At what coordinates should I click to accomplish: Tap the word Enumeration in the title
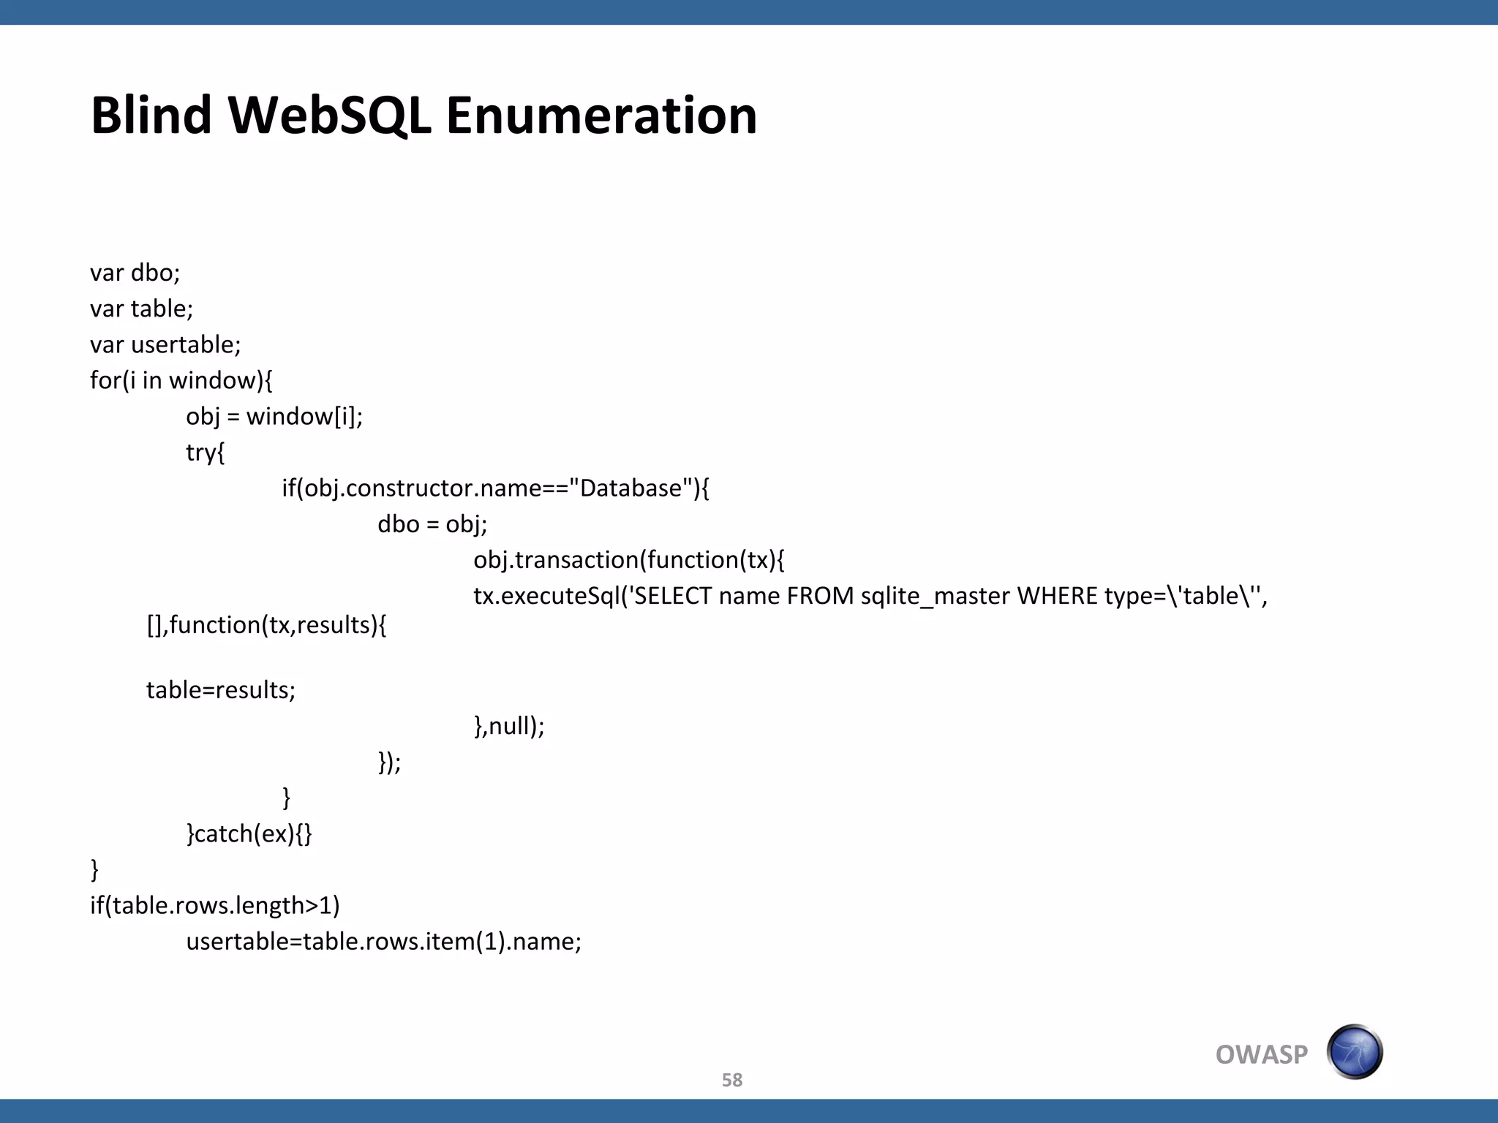tap(601, 116)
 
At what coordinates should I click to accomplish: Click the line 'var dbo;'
tap(135, 273)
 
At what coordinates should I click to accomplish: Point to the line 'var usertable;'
tap(165, 344)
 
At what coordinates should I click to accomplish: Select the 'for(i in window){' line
tap(181, 380)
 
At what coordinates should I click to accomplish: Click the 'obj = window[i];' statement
tap(274, 416)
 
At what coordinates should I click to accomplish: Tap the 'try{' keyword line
tap(206, 453)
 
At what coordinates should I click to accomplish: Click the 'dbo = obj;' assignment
tap(432, 524)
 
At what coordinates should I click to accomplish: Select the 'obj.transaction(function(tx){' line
tap(629, 560)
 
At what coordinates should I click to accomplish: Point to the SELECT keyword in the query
tap(672, 597)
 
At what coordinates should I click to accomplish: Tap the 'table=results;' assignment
tap(221, 690)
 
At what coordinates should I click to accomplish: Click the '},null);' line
tap(509, 726)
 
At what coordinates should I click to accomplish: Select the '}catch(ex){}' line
tap(249, 833)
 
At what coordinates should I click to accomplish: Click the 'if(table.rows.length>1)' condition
tap(215, 905)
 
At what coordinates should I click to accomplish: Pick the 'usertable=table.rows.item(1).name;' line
tap(384, 942)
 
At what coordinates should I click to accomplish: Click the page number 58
tap(732, 1080)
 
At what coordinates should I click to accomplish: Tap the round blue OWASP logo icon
tap(1355, 1052)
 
